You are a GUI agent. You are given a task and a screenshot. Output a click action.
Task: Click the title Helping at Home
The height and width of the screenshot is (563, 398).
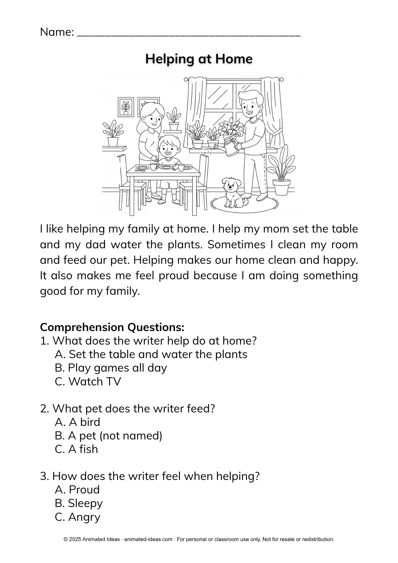199,59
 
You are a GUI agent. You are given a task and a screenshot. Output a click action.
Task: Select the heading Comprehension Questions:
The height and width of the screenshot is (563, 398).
112,327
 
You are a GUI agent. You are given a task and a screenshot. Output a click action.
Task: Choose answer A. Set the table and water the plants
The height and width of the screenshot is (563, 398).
151,354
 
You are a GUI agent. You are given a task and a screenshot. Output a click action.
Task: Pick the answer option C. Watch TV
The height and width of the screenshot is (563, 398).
88,381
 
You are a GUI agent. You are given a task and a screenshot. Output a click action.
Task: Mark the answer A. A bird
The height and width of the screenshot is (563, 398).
77,422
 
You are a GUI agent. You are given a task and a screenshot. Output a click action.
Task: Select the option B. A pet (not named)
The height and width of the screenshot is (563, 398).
108,435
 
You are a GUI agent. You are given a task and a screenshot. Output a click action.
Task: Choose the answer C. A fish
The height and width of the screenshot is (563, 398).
76,449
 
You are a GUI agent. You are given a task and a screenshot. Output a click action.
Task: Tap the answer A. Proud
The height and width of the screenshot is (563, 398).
77,490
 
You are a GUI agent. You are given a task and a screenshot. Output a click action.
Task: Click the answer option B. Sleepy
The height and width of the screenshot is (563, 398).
79,503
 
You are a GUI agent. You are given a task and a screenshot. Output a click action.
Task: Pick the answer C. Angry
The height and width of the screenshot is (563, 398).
77,517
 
